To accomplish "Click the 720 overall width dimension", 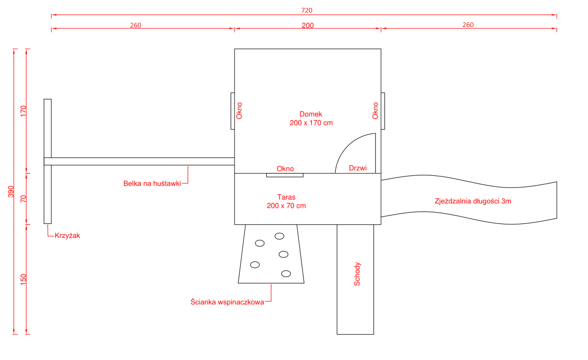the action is click(x=307, y=10).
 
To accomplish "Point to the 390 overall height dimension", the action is click(x=11, y=191).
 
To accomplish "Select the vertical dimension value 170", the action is click(x=23, y=111).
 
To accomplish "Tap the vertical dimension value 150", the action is click(x=23, y=279).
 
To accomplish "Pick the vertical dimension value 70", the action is click(x=23, y=199).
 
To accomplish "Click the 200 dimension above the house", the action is click(x=308, y=26).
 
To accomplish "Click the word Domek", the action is click(x=311, y=114).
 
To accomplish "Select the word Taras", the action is click(x=286, y=197).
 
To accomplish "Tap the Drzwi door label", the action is click(x=358, y=168).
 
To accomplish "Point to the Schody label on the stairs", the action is click(x=357, y=274).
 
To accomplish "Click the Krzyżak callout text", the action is click(x=68, y=235).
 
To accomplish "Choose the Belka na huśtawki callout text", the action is click(x=152, y=183).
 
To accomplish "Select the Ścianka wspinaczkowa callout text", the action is click(x=228, y=302).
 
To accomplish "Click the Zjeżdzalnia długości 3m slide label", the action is click(x=473, y=201).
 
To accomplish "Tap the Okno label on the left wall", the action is click(x=239, y=111).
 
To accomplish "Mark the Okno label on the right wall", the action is click(x=375, y=111).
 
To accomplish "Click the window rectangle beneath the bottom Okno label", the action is click(x=285, y=175).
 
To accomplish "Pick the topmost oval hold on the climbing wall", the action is click(x=279, y=236).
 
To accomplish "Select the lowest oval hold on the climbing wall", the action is click(x=286, y=274).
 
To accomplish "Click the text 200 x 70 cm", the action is click(x=286, y=206).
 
